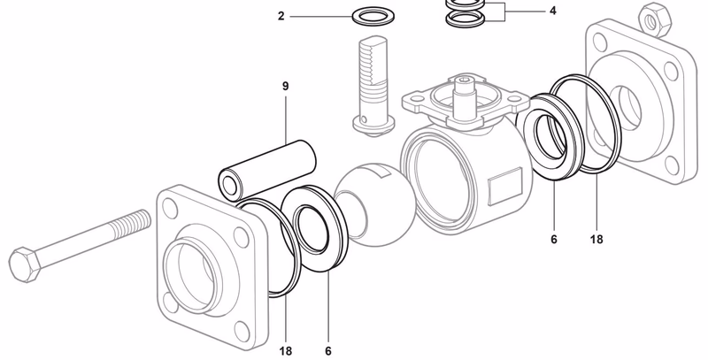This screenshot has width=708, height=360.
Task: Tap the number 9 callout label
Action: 286,86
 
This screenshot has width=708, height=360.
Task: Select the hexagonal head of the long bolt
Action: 27,262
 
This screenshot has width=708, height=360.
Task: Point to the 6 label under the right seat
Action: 555,240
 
